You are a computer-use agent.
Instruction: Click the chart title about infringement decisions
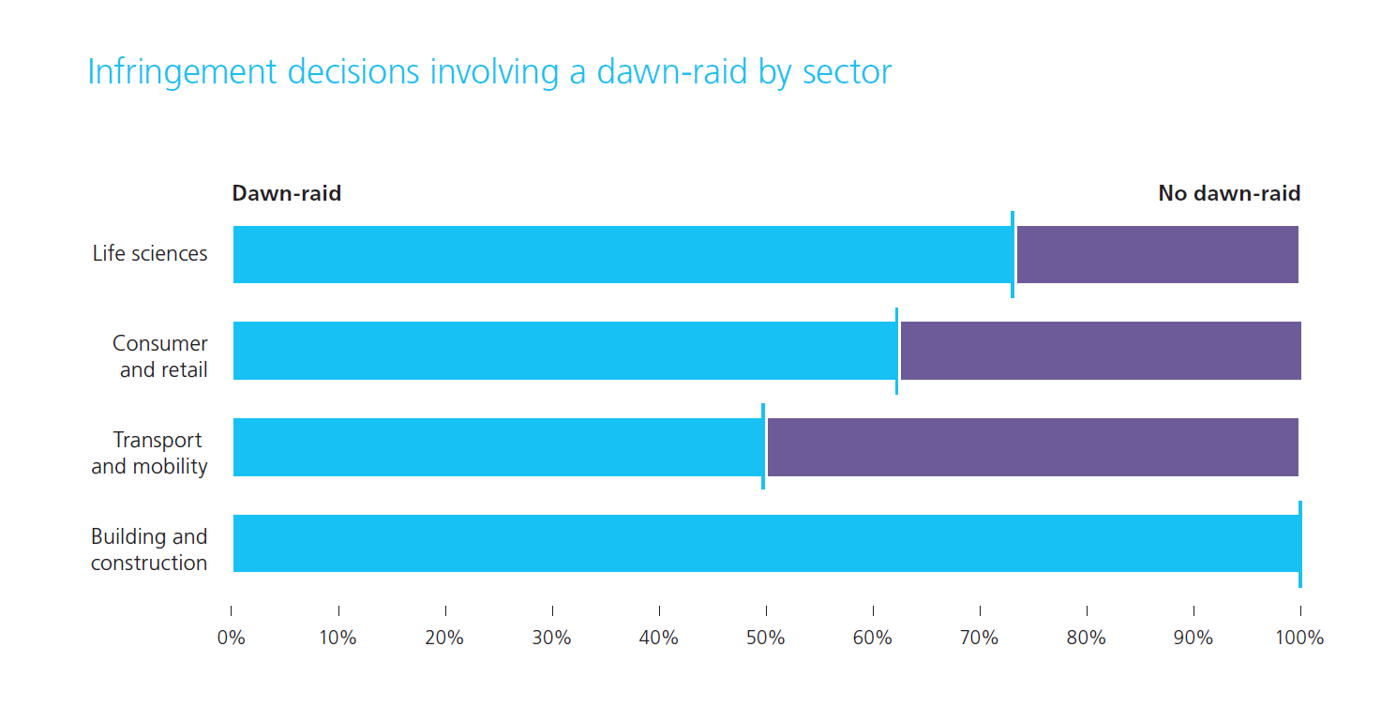[488, 72]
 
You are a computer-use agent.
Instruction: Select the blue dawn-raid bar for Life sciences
[623, 254]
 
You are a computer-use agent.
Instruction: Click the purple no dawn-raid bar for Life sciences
[1157, 254]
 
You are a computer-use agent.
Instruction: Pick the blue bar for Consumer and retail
[564, 351]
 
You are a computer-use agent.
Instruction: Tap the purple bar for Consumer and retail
[1100, 351]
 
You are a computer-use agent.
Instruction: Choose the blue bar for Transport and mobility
[497, 447]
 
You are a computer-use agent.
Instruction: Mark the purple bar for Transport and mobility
[1032, 447]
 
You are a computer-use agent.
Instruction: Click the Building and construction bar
[765, 543]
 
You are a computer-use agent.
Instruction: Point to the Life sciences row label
[150, 254]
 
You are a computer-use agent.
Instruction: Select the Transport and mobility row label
[150, 453]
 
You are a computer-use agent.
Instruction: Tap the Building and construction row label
[149, 549]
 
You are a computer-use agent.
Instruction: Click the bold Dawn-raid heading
[287, 194]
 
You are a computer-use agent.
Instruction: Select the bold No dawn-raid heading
[1229, 194]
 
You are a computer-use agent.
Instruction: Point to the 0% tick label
[231, 639]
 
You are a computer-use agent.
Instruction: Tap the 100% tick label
[1300, 639]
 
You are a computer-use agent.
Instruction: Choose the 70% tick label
[980, 639]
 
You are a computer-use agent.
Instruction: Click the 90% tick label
[1193, 639]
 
